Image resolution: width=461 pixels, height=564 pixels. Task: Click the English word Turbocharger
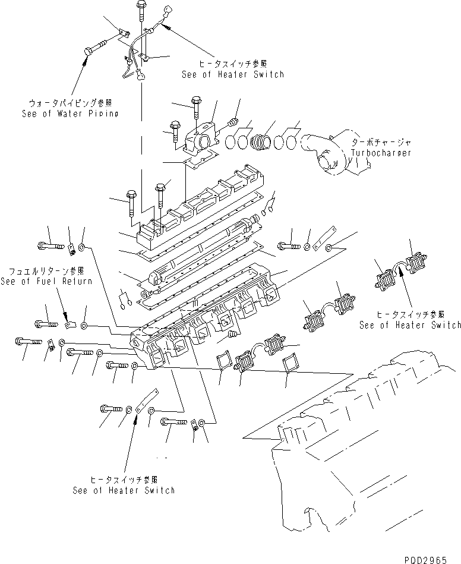point(381,153)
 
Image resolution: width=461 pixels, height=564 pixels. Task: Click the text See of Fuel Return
point(46,281)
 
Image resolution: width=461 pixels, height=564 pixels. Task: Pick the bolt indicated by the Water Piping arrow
point(93,46)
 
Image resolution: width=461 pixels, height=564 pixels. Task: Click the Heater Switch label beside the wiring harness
point(233,74)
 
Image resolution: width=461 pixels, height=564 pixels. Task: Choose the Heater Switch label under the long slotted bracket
point(124,490)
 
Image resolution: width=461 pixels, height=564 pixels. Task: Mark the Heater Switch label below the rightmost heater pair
point(410,324)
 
